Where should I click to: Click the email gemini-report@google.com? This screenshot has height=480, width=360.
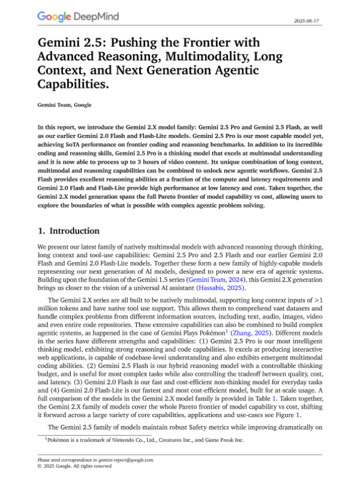tap(127, 460)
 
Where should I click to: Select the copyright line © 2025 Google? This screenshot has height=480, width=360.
tap(74, 466)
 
